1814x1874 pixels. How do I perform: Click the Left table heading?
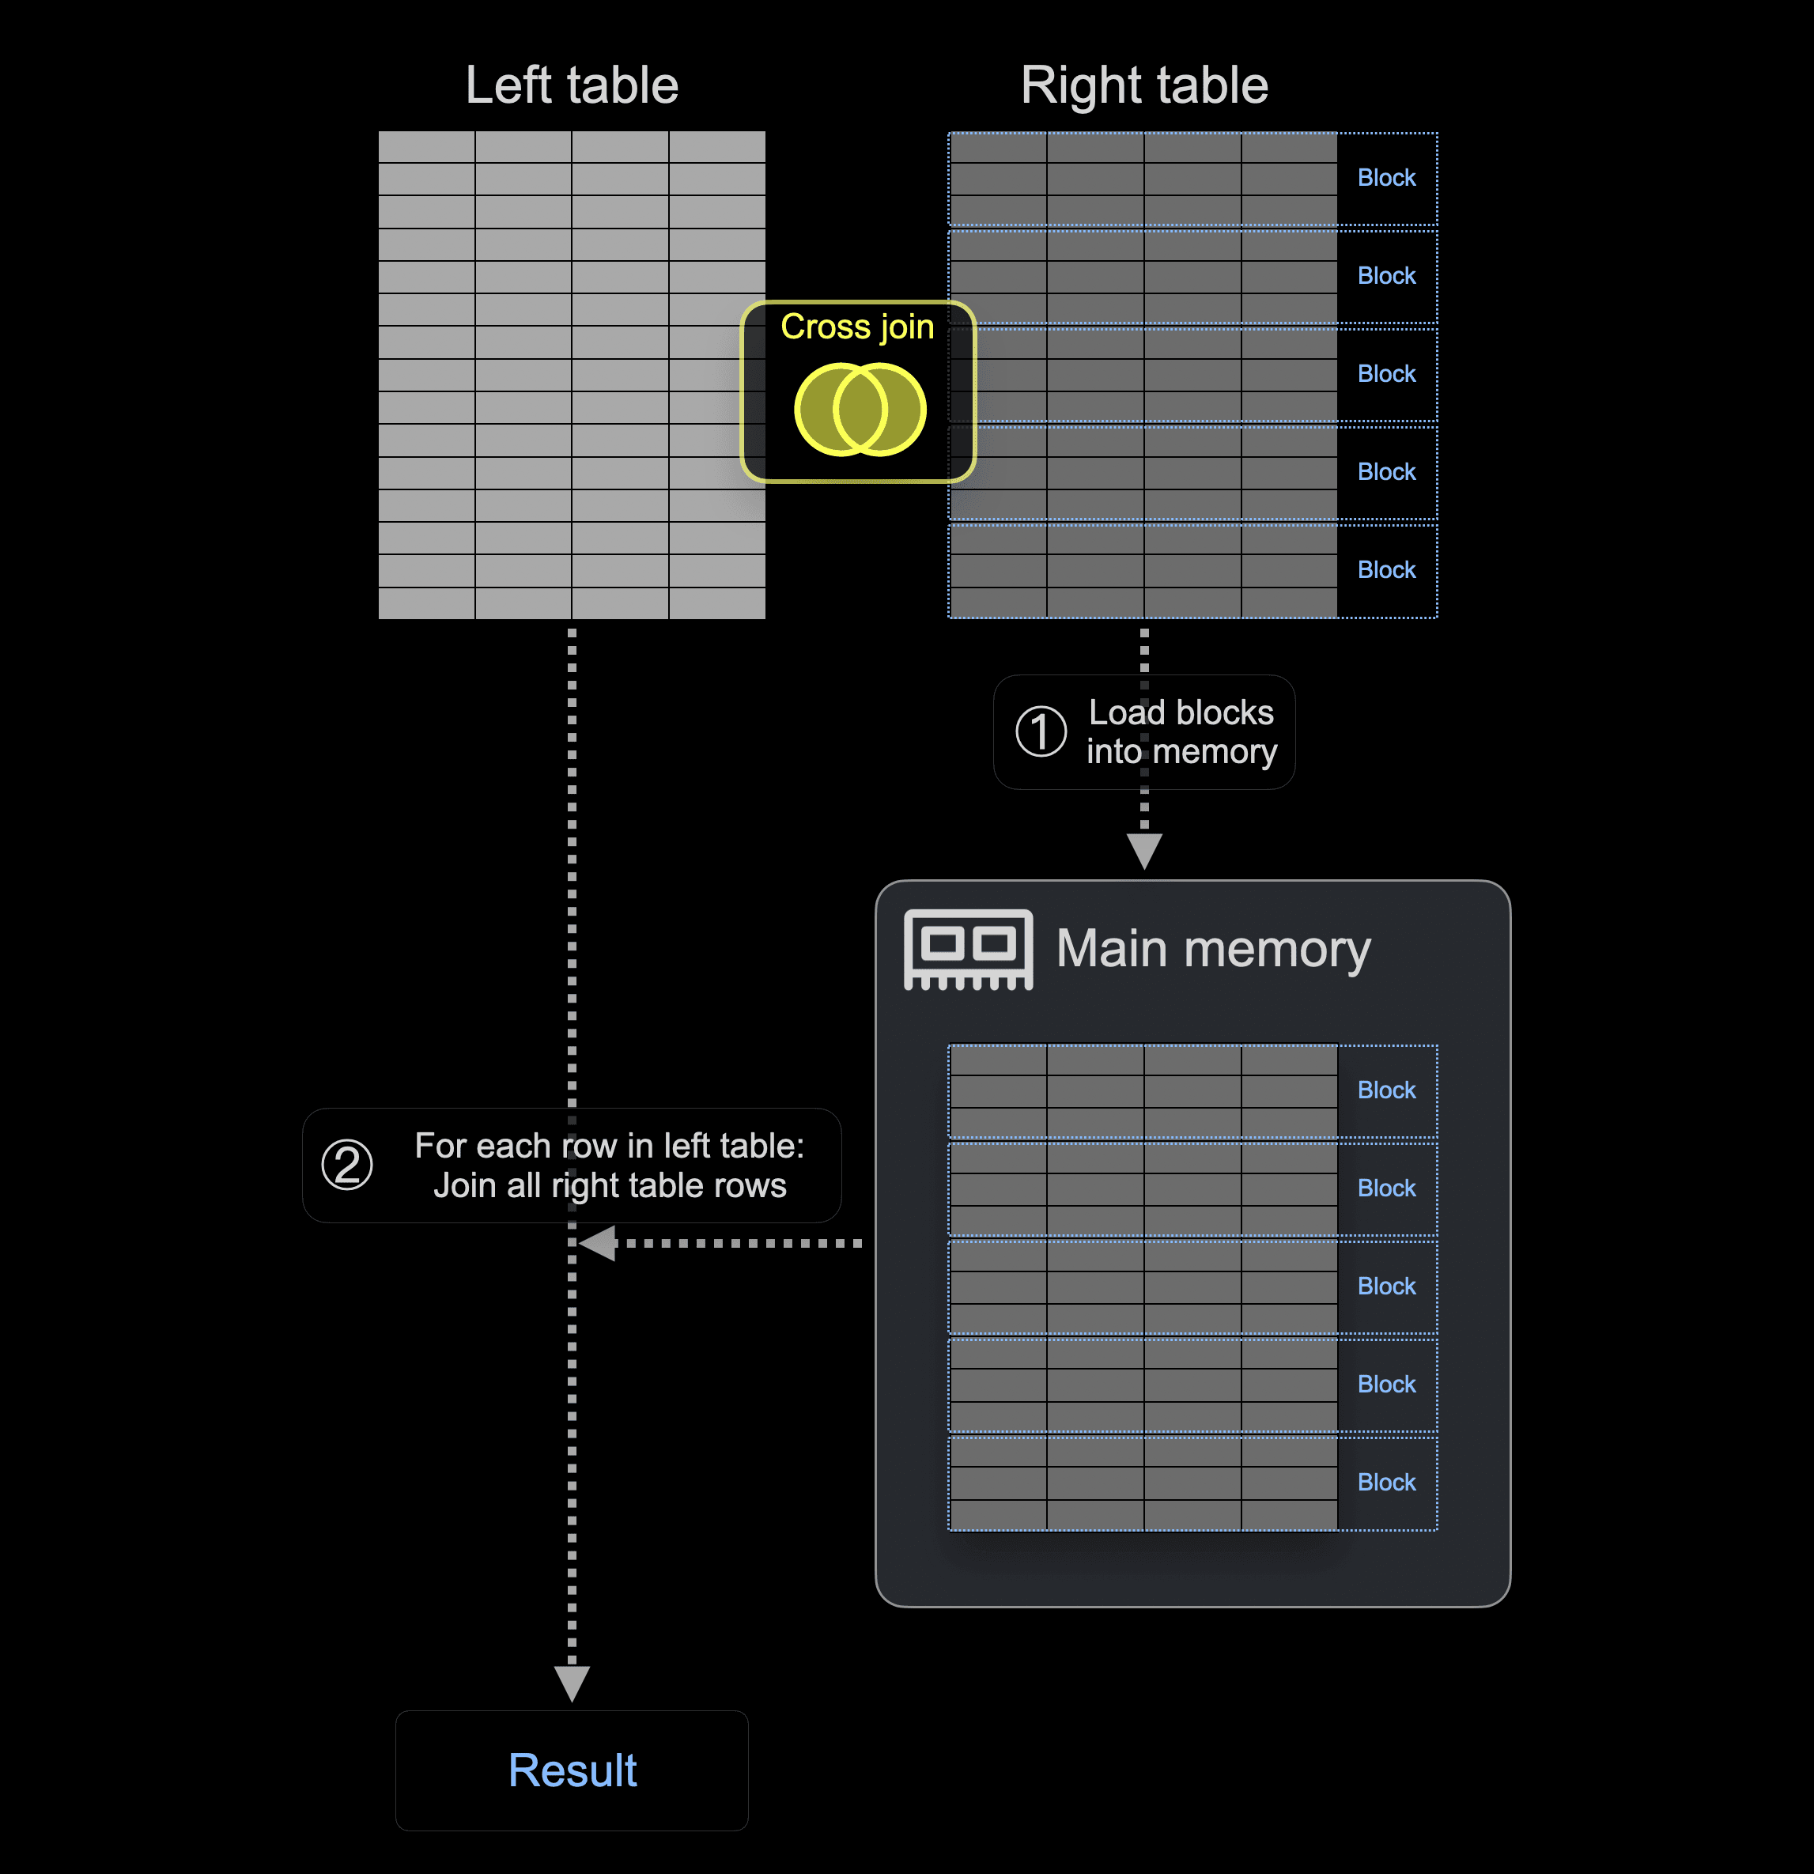[x=572, y=85]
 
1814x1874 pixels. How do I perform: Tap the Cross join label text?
[x=857, y=327]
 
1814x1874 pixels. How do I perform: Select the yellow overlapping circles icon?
[x=860, y=410]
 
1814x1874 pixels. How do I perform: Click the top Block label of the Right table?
[x=1385, y=178]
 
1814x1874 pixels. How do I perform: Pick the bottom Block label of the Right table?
[x=1385, y=570]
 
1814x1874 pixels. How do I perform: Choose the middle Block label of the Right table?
[x=1385, y=374]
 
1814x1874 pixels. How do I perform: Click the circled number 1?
[x=1041, y=731]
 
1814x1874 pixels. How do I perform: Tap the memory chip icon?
[x=968, y=949]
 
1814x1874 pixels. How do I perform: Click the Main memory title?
[x=1212, y=950]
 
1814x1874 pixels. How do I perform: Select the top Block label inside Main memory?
[x=1385, y=1090]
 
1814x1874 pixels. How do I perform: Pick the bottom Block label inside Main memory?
[x=1385, y=1482]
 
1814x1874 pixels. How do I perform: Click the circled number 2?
[x=347, y=1165]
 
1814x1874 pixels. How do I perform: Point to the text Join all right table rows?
[x=610, y=1185]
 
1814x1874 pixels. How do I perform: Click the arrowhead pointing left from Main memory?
[x=599, y=1244]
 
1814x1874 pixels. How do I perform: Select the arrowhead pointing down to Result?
[x=572, y=1683]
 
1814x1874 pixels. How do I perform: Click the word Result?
[x=572, y=1770]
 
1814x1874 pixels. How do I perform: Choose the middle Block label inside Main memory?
[x=1385, y=1286]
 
